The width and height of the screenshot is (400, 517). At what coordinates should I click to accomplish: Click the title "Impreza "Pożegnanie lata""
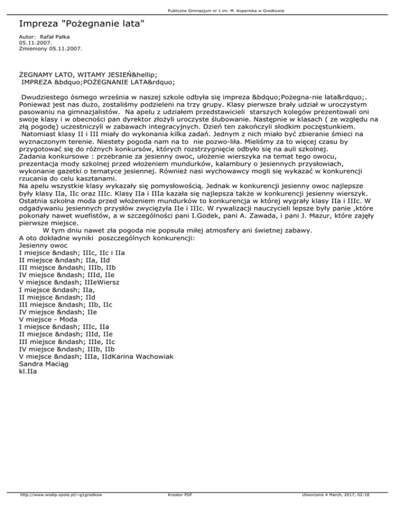pyautogui.click(x=81, y=24)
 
